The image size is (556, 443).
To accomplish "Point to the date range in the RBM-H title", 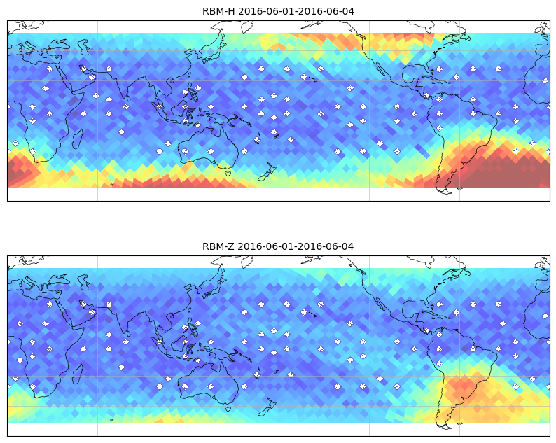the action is click(x=296, y=11).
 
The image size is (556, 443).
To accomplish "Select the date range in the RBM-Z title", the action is click(x=296, y=246).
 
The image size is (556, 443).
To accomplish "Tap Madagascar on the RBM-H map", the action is click(x=78, y=139).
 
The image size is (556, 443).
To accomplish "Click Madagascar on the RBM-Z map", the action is click(x=78, y=374).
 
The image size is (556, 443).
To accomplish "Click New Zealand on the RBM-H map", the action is click(x=267, y=172).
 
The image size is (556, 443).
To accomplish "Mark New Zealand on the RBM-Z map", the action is click(x=267, y=407).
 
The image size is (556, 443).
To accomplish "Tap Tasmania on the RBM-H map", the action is click(x=228, y=173).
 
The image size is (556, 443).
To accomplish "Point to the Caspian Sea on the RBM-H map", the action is click(x=84, y=47).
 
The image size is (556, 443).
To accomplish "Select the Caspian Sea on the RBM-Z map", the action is click(x=84, y=282).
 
